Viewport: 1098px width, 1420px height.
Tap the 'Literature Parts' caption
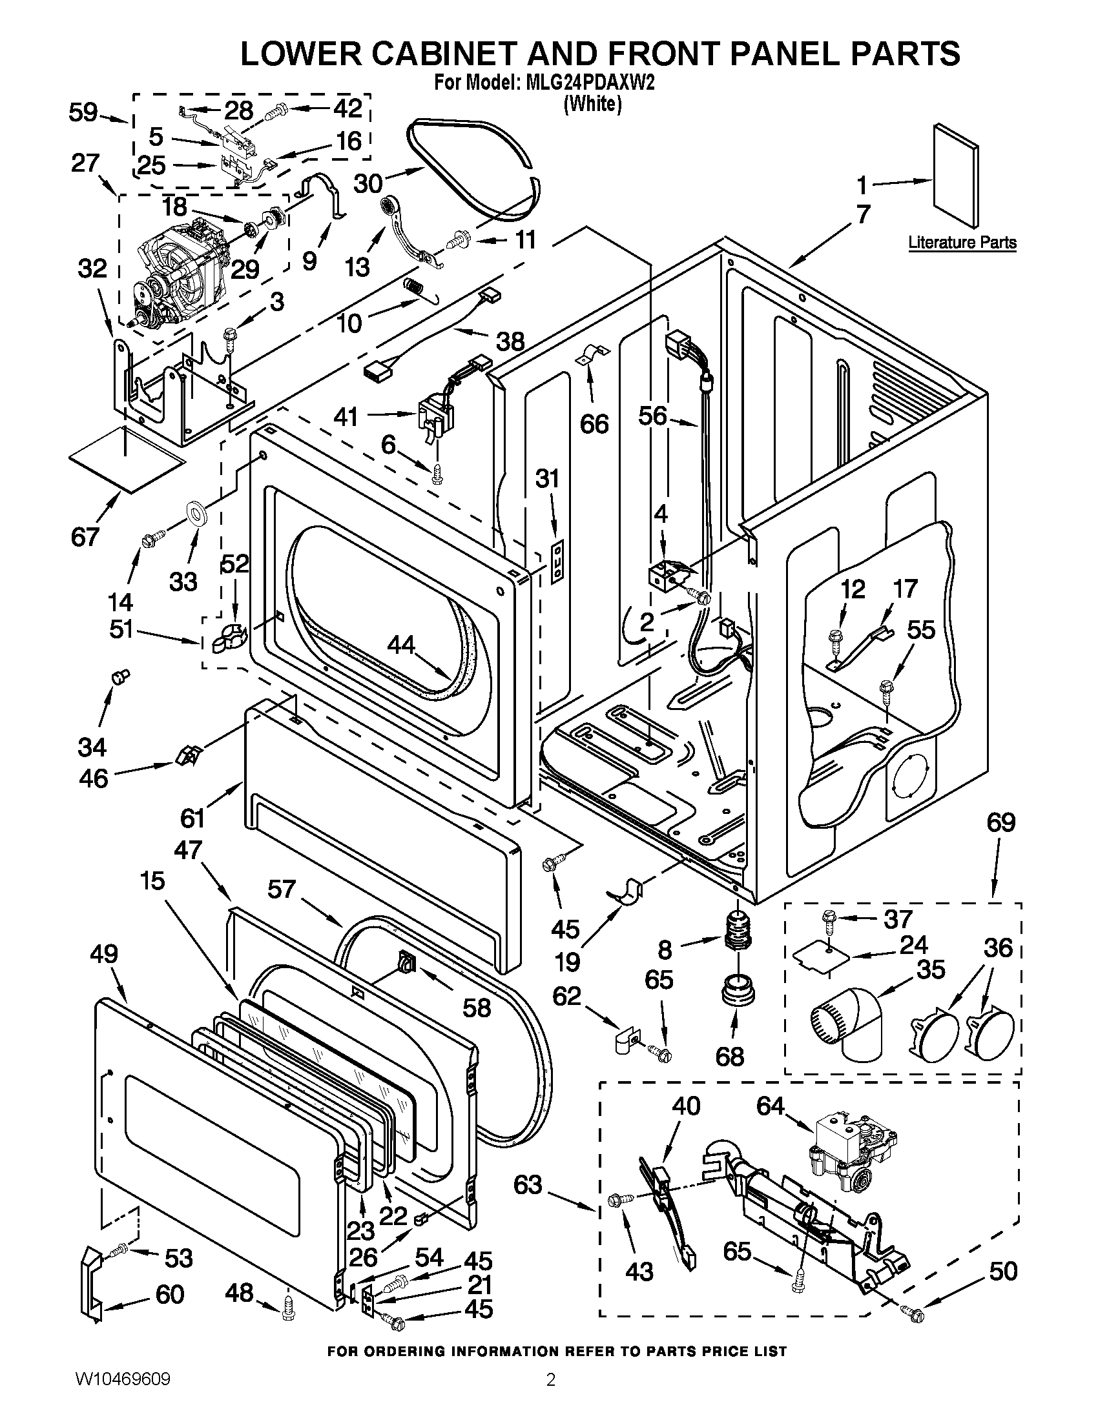(x=962, y=243)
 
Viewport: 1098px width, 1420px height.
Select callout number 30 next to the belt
(x=368, y=184)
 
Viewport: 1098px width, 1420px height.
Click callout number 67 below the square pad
(x=85, y=537)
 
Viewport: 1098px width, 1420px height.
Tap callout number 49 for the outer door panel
(x=104, y=954)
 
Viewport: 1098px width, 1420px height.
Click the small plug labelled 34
(x=119, y=678)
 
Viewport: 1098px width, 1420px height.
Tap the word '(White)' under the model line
(x=592, y=103)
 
